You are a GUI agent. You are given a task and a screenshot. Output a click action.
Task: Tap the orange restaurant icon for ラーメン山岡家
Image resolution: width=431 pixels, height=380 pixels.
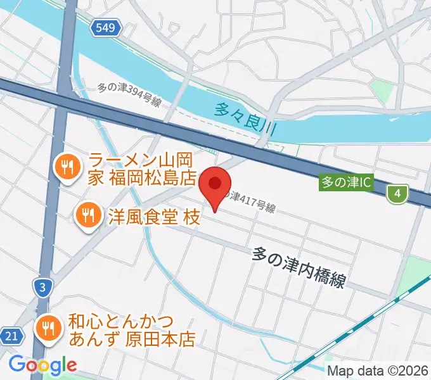(x=67, y=167)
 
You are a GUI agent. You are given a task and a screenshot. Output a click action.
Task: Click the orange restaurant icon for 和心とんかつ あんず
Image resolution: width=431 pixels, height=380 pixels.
(x=47, y=327)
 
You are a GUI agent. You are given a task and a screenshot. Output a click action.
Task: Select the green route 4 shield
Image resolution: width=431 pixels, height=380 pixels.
(x=397, y=194)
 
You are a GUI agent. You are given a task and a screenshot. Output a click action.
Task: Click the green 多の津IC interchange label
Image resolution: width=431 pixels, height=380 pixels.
(x=345, y=182)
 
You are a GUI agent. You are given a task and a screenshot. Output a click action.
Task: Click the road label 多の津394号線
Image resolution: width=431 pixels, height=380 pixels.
(x=129, y=96)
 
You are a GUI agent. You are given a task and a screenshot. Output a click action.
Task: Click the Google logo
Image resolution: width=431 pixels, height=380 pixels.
(x=42, y=365)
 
